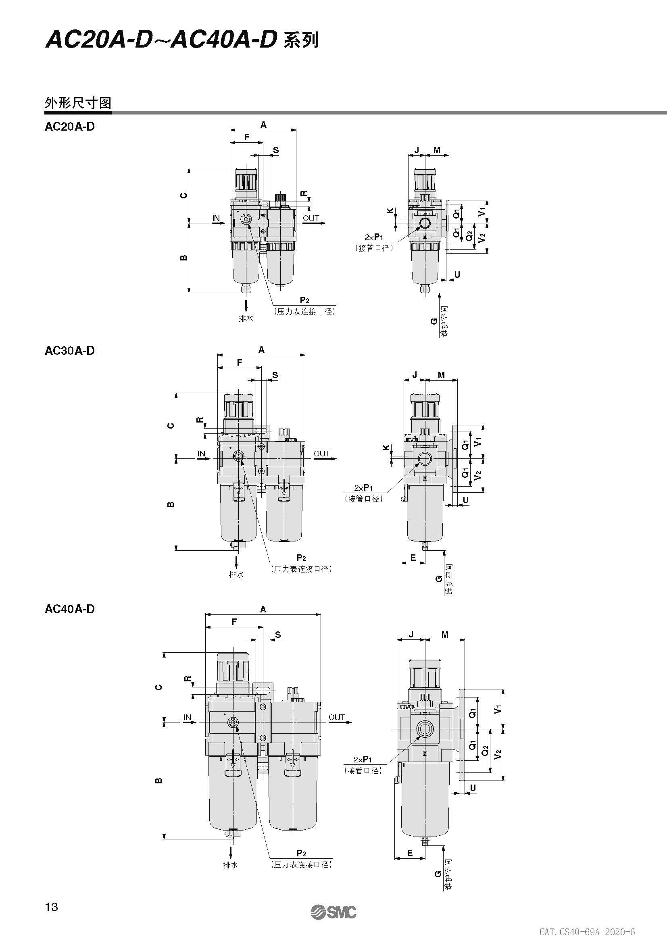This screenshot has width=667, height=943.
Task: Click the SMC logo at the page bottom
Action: [x=333, y=913]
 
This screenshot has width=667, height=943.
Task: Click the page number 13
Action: [x=52, y=907]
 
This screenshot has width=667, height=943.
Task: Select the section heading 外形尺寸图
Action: [x=77, y=103]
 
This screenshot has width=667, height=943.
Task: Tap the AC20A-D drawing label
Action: [x=69, y=127]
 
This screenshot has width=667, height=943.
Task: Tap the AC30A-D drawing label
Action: [x=69, y=351]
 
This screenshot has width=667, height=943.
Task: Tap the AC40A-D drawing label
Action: [x=69, y=609]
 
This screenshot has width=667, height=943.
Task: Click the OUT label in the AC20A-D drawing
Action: [x=311, y=218]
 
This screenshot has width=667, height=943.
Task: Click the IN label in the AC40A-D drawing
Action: [x=187, y=717]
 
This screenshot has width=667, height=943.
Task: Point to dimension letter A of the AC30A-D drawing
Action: [x=261, y=350]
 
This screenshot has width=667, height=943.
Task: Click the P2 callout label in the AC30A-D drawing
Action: [x=301, y=558]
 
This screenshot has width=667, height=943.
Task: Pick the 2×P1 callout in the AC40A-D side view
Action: [x=363, y=760]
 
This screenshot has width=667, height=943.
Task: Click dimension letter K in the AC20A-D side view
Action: [x=390, y=212]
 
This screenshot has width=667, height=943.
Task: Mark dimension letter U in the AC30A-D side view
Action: [x=466, y=500]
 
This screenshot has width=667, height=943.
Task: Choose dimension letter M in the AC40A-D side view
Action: [x=445, y=635]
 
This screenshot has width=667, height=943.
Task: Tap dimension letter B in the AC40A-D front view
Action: [x=159, y=781]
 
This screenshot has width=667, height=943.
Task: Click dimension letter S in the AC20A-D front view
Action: [x=275, y=150]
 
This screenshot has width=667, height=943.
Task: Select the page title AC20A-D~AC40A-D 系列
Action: [x=182, y=40]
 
